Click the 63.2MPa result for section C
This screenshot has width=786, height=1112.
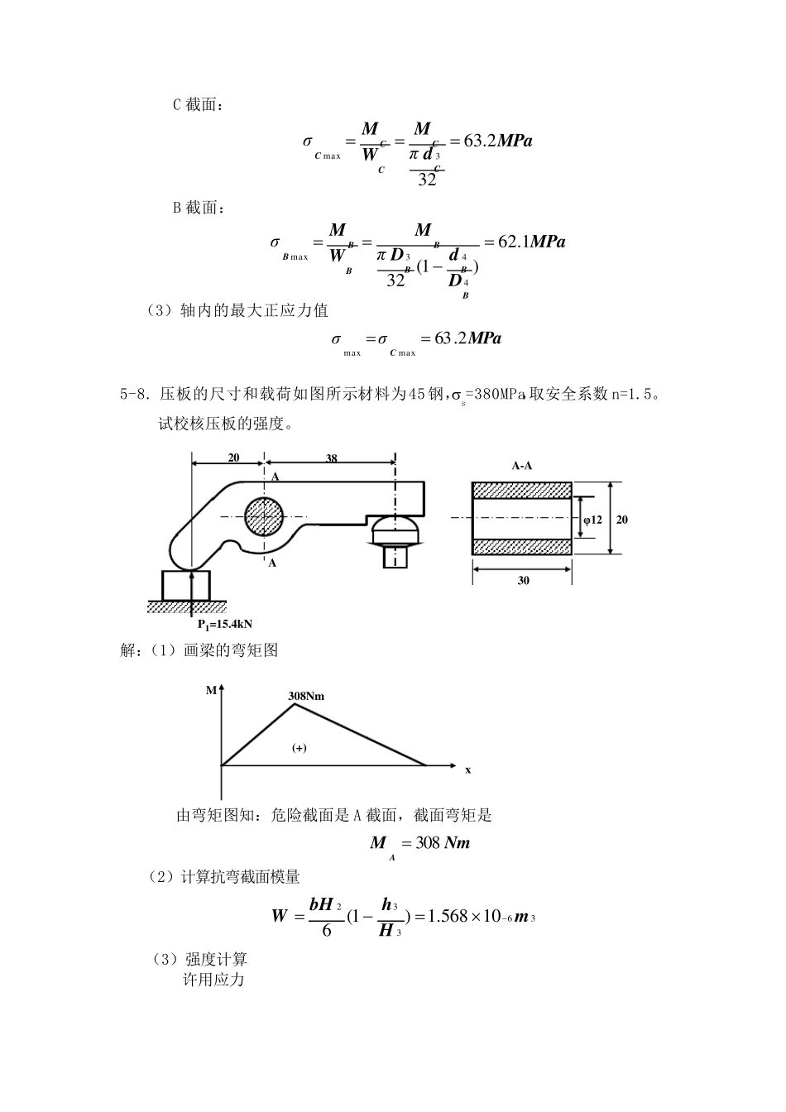[x=497, y=141]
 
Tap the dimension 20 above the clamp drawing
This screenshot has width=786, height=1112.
[x=233, y=458]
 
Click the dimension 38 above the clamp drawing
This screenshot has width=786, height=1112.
[x=331, y=458]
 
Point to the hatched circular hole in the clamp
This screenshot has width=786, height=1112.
[x=265, y=518]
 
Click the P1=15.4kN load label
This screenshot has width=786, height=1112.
[x=224, y=623]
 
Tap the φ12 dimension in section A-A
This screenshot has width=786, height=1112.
[x=592, y=520]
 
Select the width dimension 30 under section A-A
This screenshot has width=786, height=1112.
[x=523, y=581]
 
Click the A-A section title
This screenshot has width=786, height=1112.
[x=522, y=466]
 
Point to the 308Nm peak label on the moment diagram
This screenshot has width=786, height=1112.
[x=306, y=696]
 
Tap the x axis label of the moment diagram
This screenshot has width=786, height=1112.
[x=467, y=769]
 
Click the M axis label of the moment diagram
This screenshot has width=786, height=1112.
[x=210, y=689]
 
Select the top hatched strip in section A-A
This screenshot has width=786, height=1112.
[x=521, y=489]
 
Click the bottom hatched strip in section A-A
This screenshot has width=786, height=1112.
[x=521, y=546]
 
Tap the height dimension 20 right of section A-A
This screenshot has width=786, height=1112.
[x=622, y=520]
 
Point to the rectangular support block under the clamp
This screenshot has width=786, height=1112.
[x=186, y=586]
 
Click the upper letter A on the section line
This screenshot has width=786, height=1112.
[x=275, y=477]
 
